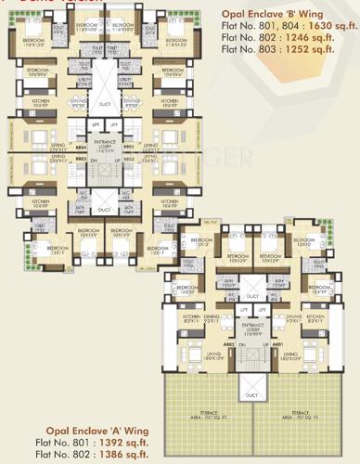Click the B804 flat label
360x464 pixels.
81,147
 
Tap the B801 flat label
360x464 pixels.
129,147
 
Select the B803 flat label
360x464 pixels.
81,159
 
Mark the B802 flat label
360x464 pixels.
129,159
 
